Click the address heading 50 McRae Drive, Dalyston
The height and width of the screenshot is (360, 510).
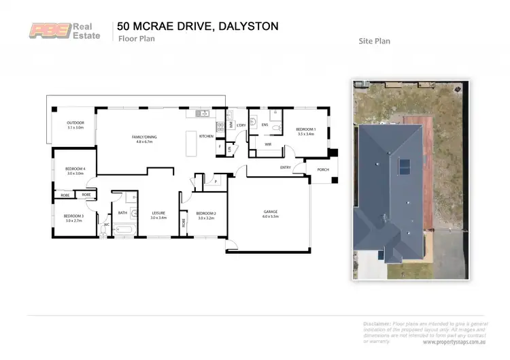[x=197, y=26]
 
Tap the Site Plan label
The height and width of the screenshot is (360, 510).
[x=374, y=41]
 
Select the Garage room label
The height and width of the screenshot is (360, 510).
[x=271, y=212]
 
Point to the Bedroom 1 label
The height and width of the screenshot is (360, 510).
[x=306, y=131]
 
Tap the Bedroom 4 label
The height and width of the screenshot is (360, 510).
[x=75, y=171]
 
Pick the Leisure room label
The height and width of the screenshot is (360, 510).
[x=158, y=216]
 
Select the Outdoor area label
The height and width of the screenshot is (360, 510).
[x=75, y=125]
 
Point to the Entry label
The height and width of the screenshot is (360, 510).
[x=285, y=167]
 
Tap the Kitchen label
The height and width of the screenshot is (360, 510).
[x=206, y=136]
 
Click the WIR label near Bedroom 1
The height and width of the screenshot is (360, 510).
[x=268, y=144]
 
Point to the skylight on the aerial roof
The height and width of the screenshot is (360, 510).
[x=403, y=165]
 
